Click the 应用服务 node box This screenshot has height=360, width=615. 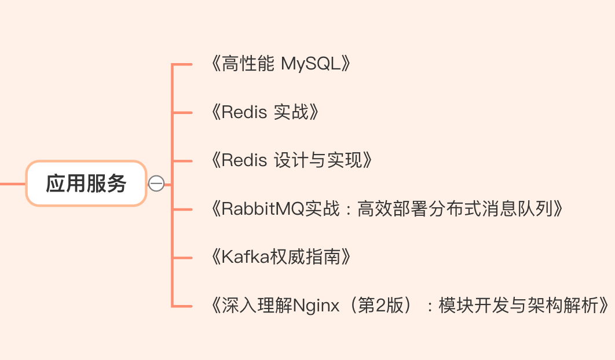[x=86, y=183]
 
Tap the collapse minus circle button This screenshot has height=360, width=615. [x=156, y=183]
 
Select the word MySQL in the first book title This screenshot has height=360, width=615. [x=311, y=64]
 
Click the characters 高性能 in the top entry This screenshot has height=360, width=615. [x=248, y=64]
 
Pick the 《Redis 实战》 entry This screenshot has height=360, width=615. [x=265, y=112]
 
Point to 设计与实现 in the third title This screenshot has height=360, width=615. [x=318, y=160]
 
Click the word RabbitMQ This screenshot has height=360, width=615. [x=263, y=208]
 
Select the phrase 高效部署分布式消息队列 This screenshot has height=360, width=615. [x=455, y=208]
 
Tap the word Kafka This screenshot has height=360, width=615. [x=246, y=257]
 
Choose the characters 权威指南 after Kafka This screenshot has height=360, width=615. [x=306, y=257]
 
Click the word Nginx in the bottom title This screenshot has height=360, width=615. [x=316, y=306]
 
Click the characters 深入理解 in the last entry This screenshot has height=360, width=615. [x=257, y=306]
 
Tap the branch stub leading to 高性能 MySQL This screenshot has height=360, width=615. [x=182, y=64]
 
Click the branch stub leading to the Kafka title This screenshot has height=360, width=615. [x=182, y=258]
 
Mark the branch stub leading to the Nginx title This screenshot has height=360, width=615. [x=182, y=306]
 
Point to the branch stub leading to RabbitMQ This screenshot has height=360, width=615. [x=182, y=210]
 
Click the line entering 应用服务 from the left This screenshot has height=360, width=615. [x=13, y=183]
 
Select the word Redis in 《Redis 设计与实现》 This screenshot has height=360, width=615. [x=244, y=160]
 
